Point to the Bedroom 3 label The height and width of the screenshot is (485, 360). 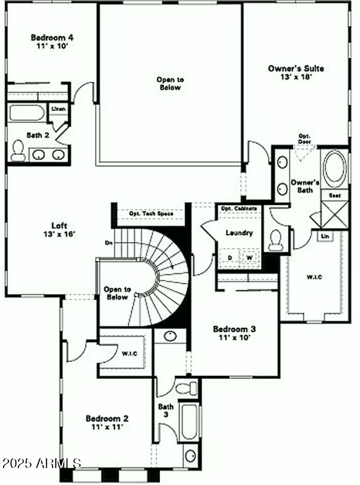(x=234, y=333)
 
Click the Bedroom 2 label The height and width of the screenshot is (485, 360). (x=107, y=423)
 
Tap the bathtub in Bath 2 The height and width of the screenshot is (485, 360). (x=27, y=113)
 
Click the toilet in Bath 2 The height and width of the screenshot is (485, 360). (x=18, y=150)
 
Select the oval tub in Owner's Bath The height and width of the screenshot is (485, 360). (x=334, y=169)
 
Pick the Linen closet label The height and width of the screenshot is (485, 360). (x=59, y=109)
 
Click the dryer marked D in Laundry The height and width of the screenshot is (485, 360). (x=230, y=258)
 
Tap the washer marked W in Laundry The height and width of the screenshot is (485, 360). (x=249, y=258)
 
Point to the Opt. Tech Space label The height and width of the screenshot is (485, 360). (x=152, y=213)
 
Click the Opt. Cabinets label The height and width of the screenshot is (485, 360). (x=238, y=209)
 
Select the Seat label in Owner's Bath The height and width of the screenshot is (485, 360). (x=334, y=195)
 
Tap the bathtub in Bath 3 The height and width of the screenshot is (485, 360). (x=190, y=422)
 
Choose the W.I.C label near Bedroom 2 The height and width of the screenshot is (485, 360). (x=128, y=353)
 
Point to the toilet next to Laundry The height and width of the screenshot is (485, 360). (x=276, y=239)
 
